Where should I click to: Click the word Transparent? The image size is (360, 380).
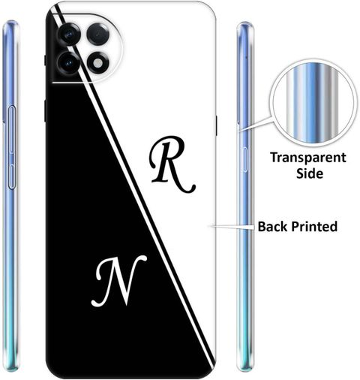[x=308, y=158]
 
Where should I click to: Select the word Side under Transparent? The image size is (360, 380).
[x=310, y=173]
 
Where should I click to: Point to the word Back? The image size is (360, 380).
[x=273, y=227]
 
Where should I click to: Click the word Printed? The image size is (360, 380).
[x=315, y=227]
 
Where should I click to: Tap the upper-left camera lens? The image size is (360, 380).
[x=69, y=35]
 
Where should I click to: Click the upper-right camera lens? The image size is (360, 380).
[x=98, y=34]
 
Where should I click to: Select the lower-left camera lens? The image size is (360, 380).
[x=68, y=63]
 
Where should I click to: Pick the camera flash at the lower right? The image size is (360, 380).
[x=98, y=63]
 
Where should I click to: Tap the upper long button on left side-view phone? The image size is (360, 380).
[x=12, y=129]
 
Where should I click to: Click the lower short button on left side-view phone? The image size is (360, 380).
[x=12, y=176]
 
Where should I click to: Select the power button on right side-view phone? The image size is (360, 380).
[x=244, y=160]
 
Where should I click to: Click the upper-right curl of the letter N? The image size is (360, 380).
[x=140, y=259]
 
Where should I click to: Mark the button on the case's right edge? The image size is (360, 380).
[x=216, y=125]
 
